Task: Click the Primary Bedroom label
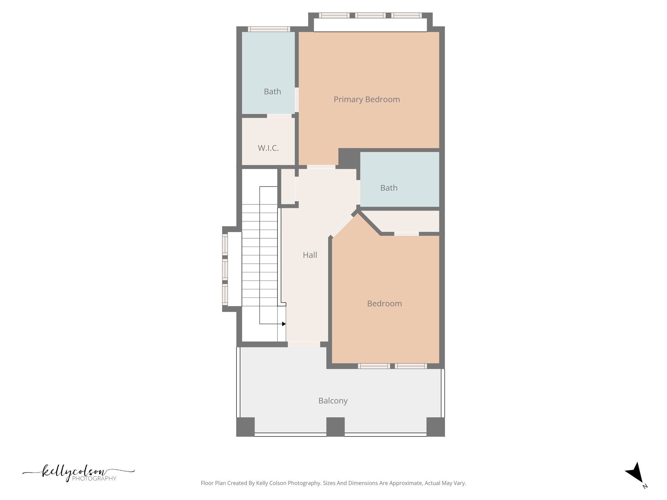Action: [367, 99]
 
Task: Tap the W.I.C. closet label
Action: [268, 148]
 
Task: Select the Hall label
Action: [310, 255]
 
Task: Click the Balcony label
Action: [333, 401]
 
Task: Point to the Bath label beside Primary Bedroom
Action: [272, 91]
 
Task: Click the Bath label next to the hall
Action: [389, 188]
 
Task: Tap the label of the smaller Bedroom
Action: [384, 303]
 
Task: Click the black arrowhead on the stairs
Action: [284, 324]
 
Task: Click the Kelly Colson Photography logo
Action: [78, 474]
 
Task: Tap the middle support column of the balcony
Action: [335, 426]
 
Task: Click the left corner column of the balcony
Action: [245, 426]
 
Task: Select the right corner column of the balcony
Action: [435, 426]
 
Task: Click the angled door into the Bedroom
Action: [342, 226]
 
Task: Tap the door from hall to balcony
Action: [304, 344]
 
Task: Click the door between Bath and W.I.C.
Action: [279, 116]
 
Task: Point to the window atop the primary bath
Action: [269, 29]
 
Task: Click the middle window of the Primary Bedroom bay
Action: [370, 15]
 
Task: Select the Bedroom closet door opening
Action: [406, 234]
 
